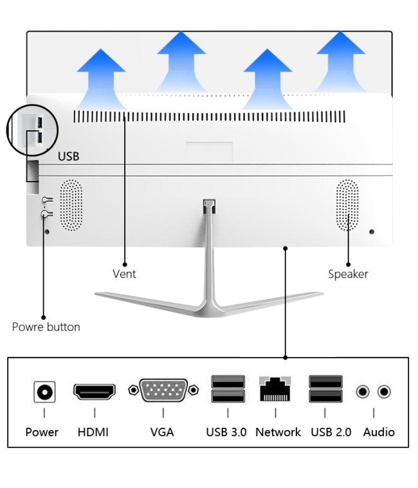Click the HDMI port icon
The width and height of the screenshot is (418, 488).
pos(94,391)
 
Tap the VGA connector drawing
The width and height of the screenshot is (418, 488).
pos(163,390)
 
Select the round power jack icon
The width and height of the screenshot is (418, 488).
pos(44,392)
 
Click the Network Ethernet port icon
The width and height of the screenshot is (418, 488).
pos(275,388)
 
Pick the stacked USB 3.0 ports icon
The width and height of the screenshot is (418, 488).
pos(228,388)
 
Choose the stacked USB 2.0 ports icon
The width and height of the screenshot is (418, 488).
pos(325,388)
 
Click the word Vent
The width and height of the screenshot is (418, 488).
pos(124,274)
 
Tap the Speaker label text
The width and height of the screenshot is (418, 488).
pos(348,274)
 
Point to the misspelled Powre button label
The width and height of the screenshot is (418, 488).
pos(46,327)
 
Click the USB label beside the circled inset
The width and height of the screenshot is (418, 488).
pos(69,156)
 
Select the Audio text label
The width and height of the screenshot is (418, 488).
pos(379,432)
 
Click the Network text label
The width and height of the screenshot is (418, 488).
pos(278,432)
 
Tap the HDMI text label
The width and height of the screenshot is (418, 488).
pos(93,432)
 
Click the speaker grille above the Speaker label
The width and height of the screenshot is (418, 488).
pos(347,205)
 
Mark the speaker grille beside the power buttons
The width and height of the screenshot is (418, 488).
pos(71,205)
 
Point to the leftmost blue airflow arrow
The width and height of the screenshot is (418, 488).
pos(101,78)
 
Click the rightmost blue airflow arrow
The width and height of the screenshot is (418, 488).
pos(341,61)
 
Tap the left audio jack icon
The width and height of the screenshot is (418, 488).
pos(363,392)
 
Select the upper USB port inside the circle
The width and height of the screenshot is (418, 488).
pos(40,122)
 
